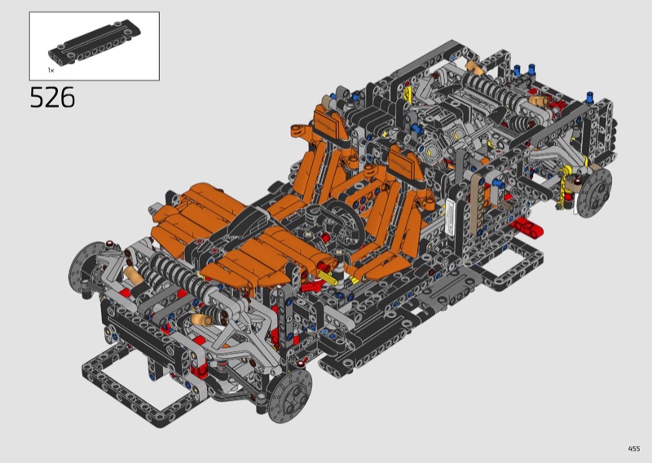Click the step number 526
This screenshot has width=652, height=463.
click(52, 98)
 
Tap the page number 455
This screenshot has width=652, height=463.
click(634, 448)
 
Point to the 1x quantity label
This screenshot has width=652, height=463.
click(51, 70)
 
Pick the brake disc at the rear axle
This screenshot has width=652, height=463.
click(595, 192)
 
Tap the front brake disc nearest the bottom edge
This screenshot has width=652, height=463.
click(290, 394)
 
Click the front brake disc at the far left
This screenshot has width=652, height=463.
click(86, 267)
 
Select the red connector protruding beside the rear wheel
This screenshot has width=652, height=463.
click(526, 227)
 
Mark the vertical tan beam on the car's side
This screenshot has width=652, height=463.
click(478, 204)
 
